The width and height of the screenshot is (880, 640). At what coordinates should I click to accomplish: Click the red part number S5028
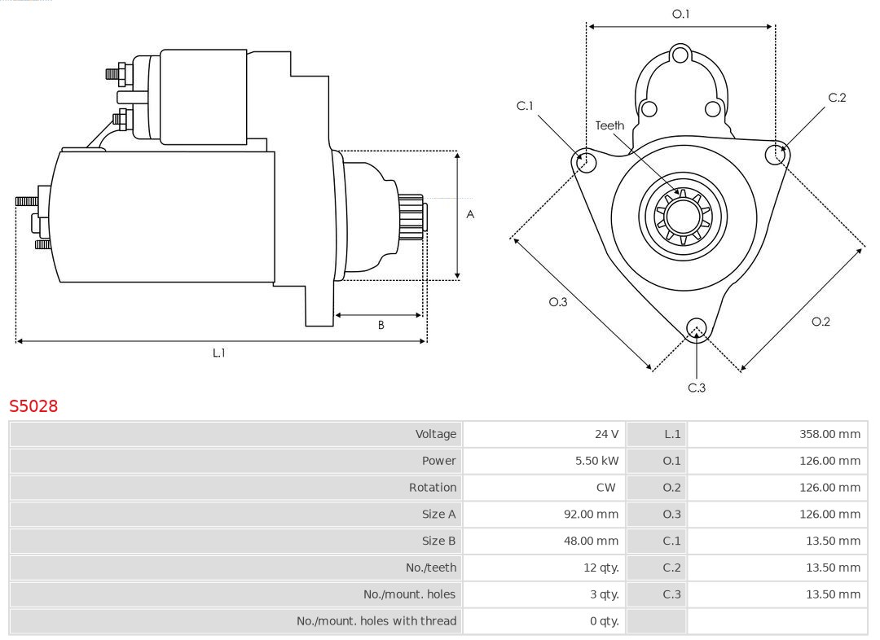[x=33, y=405]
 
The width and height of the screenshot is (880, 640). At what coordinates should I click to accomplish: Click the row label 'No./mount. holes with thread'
[x=376, y=620]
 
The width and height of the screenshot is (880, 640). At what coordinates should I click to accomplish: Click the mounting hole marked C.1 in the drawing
[x=583, y=162]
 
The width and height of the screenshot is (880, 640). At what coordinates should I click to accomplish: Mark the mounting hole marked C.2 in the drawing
[x=775, y=155]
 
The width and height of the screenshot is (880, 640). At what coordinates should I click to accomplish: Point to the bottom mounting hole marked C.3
[x=695, y=328]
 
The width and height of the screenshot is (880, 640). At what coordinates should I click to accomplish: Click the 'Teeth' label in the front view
[x=609, y=125]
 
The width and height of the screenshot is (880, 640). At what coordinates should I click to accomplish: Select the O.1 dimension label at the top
[x=680, y=14]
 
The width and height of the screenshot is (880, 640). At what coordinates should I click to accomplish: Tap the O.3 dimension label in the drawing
[x=557, y=301]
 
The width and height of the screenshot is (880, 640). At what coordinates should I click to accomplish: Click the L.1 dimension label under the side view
[x=218, y=353]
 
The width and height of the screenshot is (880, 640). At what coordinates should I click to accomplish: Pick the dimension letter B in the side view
[x=381, y=325]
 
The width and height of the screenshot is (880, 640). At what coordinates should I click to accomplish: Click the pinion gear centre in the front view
[x=683, y=217]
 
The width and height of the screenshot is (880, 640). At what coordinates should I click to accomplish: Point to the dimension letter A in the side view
[x=470, y=214]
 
